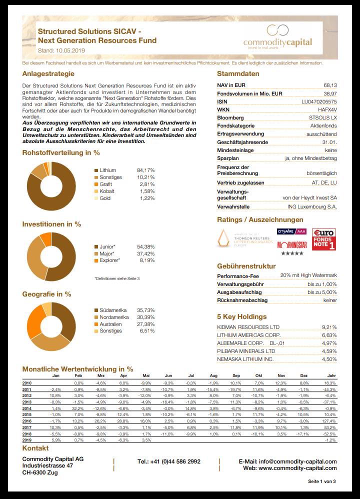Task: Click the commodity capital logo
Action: (x=277, y=37)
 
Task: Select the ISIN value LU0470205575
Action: (x=318, y=101)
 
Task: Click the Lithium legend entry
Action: (x=107, y=170)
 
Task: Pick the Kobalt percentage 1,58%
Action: (x=145, y=191)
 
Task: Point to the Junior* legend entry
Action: (x=107, y=246)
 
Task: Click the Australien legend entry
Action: (x=110, y=324)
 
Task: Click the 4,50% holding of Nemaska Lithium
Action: (x=329, y=359)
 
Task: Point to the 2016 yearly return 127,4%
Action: (x=328, y=421)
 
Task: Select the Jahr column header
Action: (x=331, y=375)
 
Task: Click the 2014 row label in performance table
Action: (x=27, y=408)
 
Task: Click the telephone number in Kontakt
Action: (x=168, y=461)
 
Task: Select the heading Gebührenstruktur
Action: (x=246, y=266)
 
